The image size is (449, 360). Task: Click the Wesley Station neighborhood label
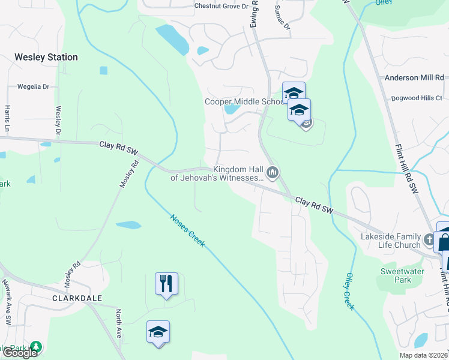pos(46,58)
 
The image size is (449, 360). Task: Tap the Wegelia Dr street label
pos(33,86)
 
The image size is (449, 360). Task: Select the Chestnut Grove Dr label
pos(221,7)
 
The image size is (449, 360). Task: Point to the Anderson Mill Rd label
pos(414,78)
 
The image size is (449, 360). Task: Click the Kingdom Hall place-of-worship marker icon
pos(273,173)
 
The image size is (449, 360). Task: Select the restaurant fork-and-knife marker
pos(167,283)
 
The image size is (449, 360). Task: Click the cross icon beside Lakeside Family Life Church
pos(429,240)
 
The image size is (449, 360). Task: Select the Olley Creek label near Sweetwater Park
pos(350,291)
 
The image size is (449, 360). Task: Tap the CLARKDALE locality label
pos(77,298)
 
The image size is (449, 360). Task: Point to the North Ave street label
pos(119,323)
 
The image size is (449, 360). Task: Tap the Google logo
pos(20,353)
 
